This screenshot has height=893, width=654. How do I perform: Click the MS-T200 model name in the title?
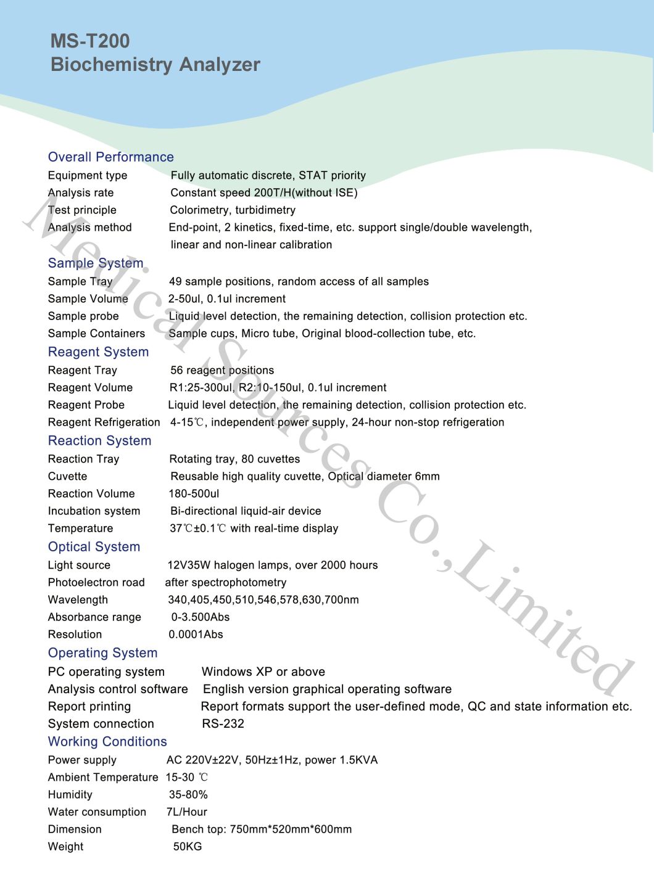pyautogui.click(x=90, y=41)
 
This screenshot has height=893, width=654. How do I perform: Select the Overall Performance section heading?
pyautogui.click(x=111, y=157)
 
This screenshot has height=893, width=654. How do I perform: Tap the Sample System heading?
pyautogui.click(x=96, y=263)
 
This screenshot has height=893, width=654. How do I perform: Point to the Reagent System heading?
pyautogui.click(x=99, y=352)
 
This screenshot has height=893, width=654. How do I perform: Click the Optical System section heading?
pyautogui.click(x=94, y=547)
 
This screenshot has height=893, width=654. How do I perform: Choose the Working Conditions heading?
pyautogui.click(x=107, y=742)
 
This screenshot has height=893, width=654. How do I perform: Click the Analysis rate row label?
pyautogui.click(x=81, y=193)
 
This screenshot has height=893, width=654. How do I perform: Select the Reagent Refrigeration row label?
pyautogui.click(x=104, y=422)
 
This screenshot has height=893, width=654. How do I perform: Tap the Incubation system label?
pyautogui.click(x=94, y=511)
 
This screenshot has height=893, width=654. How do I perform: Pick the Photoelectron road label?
pyautogui.click(x=96, y=583)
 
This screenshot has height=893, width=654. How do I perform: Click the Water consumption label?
pyautogui.click(x=97, y=812)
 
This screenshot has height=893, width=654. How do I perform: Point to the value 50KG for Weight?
pyautogui.click(x=188, y=847)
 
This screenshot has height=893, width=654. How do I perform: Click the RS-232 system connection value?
pyautogui.click(x=223, y=724)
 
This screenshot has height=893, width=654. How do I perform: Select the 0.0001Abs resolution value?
pyautogui.click(x=196, y=635)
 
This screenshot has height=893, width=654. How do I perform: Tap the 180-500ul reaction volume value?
pyautogui.click(x=194, y=494)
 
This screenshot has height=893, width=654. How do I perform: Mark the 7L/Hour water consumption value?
pyautogui.click(x=187, y=812)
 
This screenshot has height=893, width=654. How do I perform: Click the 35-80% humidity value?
pyautogui.click(x=188, y=795)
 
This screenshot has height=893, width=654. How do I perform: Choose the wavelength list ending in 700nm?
pyautogui.click(x=263, y=600)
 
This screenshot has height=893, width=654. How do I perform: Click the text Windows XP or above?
pyautogui.click(x=263, y=672)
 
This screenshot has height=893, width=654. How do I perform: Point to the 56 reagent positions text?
pyautogui.click(x=222, y=371)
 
